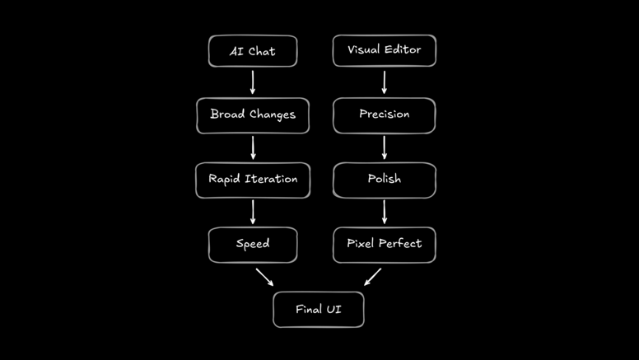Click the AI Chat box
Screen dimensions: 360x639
[x=253, y=51]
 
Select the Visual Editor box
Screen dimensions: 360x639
[x=384, y=50]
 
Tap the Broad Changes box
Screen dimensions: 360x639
[x=253, y=115]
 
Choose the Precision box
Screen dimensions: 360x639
[x=384, y=115]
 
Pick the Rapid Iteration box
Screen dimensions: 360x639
[x=253, y=180]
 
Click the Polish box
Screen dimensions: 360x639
[x=384, y=180]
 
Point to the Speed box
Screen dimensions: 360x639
[x=253, y=245]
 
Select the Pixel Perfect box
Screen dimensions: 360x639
[x=384, y=245]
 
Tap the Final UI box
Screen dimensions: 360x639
[x=319, y=310]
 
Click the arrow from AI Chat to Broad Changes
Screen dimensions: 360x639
[x=253, y=82]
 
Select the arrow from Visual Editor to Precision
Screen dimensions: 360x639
[x=384, y=82]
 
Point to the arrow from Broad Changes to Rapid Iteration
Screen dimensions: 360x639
[x=253, y=147]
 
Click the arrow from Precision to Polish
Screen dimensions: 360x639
[x=384, y=147]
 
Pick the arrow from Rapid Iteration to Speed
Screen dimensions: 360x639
[x=253, y=212]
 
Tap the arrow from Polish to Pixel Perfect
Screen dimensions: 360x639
[x=384, y=212]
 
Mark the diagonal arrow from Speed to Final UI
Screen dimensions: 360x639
[x=264, y=277]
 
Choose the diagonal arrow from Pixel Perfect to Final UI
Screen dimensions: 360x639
[x=372, y=277]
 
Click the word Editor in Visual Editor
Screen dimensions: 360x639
[x=402, y=50]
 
